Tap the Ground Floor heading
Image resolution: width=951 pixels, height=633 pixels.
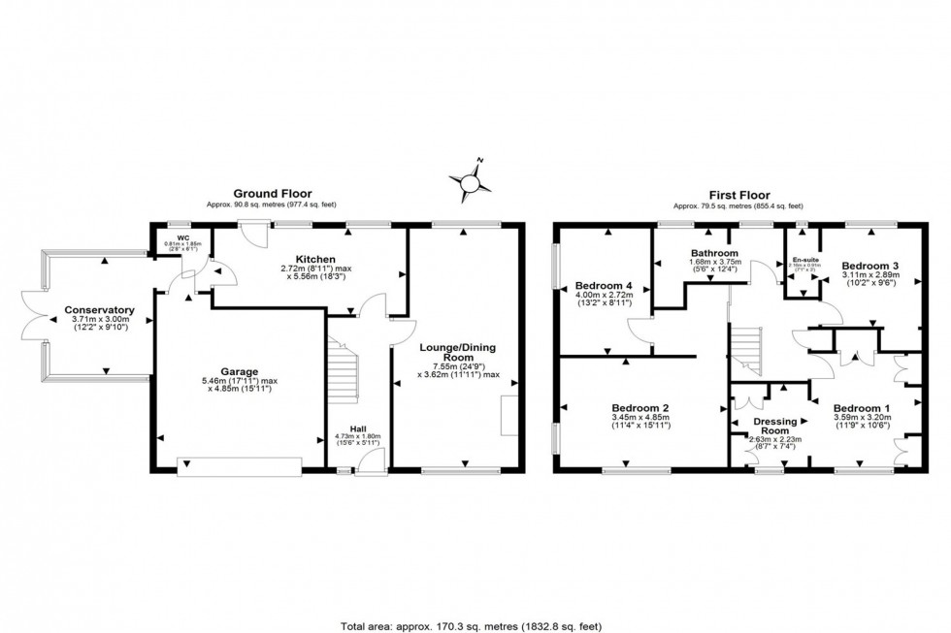coord(257,194)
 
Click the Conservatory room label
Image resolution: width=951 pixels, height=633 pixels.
coord(99,311)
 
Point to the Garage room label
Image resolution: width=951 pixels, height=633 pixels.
coord(238,371)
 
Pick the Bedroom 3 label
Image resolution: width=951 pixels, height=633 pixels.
coord(869,266)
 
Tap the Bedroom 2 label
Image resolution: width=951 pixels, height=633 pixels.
coord(639,407)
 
